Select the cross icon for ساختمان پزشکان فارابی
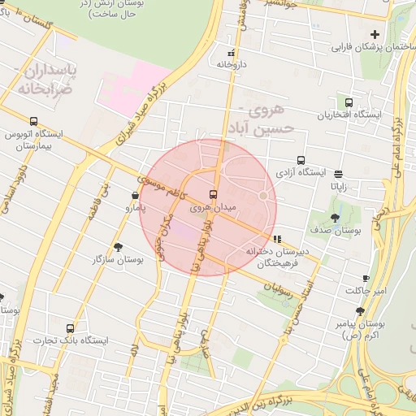(x=375, y=34)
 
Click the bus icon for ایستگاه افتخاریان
(x=349, y=103)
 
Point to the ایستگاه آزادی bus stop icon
(x=301, y=160)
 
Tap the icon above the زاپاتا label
(x=338, y=173)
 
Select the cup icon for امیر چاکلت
(x=366, y=278)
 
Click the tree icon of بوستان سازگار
(x=119, y=246)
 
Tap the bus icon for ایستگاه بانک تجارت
(x=70, y=328)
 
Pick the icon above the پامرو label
(x=134, y=196)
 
